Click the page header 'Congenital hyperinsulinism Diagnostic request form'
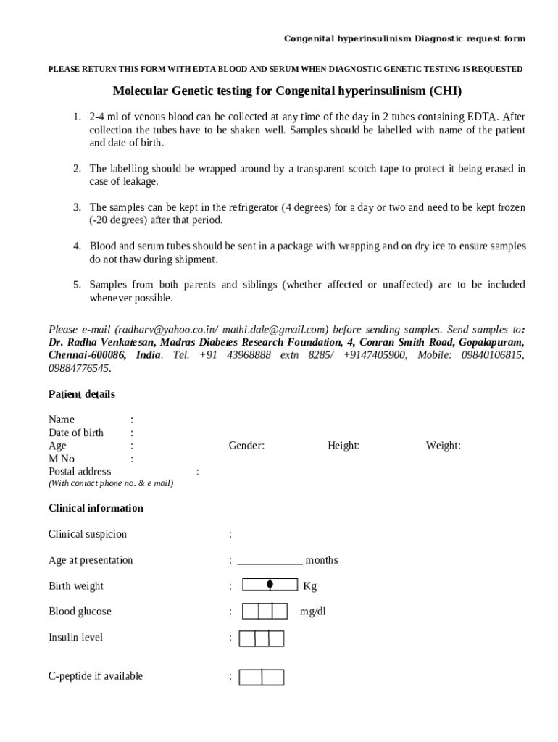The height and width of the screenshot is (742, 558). (x=404, y=38)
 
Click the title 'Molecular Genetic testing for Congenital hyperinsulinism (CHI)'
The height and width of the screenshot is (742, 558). (x=287, y=91)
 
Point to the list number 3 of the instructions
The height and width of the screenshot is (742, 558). (x=76, y=207)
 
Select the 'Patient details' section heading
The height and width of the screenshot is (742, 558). (x=81, y=394)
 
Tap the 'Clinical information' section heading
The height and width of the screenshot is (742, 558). (x=96, y=508)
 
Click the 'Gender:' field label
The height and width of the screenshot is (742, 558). (x=246, y=446)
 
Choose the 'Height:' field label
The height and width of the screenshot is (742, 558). (x=343, y=446)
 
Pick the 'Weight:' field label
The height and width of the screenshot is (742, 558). (x=443, y=446)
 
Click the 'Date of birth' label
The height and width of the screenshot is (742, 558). (x=76, y=433)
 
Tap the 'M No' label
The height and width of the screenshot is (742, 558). (x=62, y=459)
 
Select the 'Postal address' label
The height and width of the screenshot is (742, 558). (x=80, y=472)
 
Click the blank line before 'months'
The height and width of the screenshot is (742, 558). (x=270, y=561)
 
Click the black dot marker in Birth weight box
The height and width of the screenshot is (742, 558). (x=270, y=584)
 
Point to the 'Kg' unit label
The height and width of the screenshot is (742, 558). (x=309, y=586)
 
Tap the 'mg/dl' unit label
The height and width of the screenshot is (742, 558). (x=313, y=612)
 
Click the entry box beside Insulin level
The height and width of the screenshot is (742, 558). (x=261, y=638)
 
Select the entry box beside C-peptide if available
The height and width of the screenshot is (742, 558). (x=261, y=677)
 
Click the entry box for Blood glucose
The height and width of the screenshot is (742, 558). (x=265, y=612)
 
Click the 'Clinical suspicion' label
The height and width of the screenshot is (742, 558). (x=88, y=534)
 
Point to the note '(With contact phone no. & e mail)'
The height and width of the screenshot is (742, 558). (x=111, y=483)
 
